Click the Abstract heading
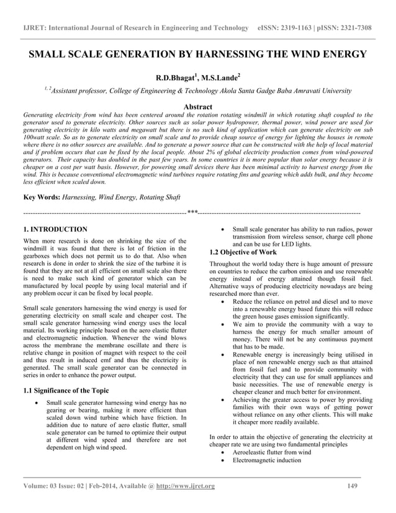(197, 107)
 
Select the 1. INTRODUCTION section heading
(55, 229)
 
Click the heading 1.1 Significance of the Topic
(65, 390)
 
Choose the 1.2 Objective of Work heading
(243, 252)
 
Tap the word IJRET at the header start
(34, 29)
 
